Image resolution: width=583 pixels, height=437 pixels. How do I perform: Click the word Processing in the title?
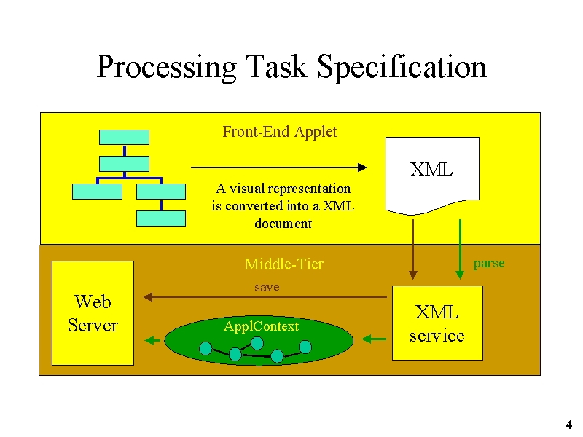166,67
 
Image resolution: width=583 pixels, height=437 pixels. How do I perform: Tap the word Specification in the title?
402,67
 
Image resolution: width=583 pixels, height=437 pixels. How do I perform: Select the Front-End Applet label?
280,132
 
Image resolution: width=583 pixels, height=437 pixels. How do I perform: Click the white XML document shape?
432,176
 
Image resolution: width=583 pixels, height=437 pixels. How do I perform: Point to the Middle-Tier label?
284,264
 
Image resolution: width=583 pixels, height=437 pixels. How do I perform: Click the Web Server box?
93,313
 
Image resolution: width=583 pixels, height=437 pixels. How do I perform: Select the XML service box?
438,323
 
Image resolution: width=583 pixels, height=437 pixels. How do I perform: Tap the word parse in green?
488,264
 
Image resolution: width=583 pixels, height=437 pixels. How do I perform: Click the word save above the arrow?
267,287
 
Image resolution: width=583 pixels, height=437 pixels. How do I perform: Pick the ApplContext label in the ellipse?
261,326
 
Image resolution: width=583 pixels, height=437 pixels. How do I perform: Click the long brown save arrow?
265,297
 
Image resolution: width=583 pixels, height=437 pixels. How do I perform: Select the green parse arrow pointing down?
460,249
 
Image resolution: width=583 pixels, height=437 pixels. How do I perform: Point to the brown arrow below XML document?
412,249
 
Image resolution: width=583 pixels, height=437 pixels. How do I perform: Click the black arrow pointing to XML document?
279,168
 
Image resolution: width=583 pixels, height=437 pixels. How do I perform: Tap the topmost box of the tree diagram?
124,137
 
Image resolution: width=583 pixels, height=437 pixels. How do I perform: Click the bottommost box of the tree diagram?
161,219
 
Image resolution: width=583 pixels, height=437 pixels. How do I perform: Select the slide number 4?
569,425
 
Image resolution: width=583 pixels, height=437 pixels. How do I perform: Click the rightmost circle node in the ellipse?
305,347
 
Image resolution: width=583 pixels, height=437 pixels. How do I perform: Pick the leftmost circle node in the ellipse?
206,349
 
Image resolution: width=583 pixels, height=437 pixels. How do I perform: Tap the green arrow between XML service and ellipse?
374,339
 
